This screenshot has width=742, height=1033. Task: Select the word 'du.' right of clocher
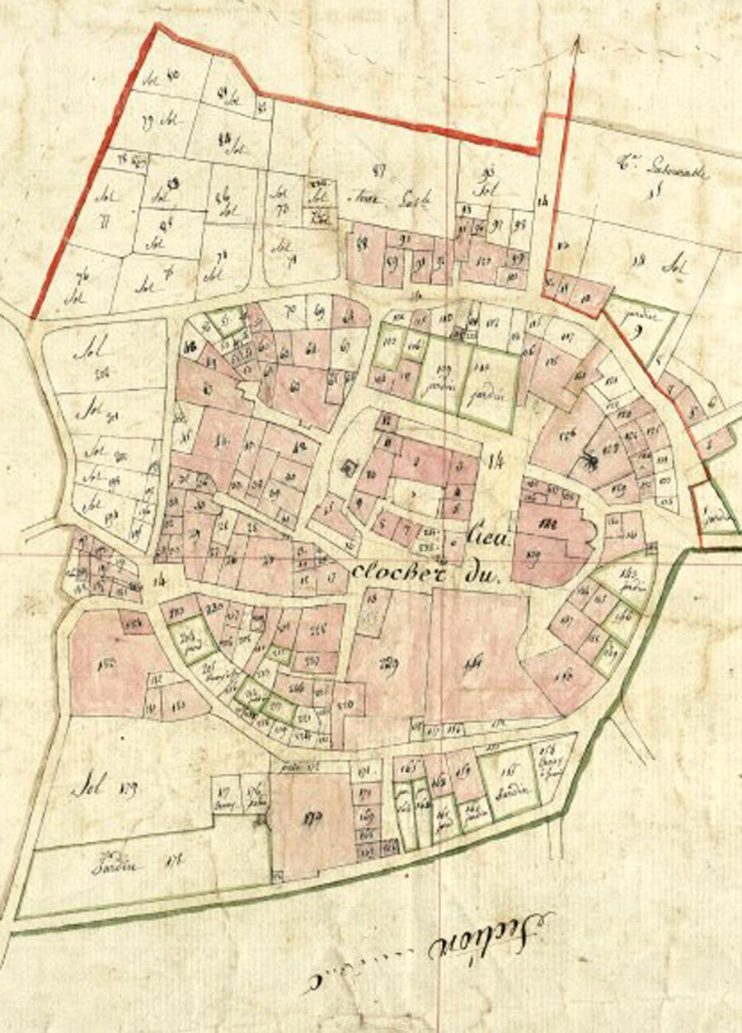click(x=484, y=577)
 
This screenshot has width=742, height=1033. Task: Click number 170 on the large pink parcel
click(x=312, y=818)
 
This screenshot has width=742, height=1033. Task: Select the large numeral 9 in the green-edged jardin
click(x=638, y=335)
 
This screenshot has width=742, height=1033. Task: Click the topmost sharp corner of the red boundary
click(x=157, y=26)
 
